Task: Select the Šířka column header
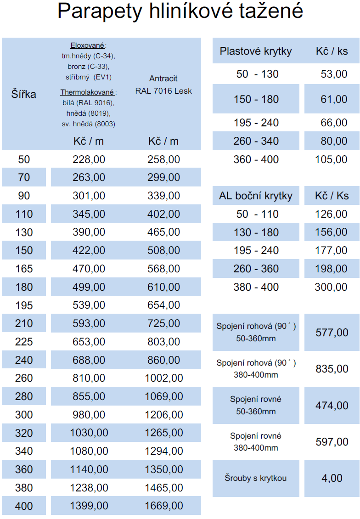click(24, 95)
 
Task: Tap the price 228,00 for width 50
click(89, 159)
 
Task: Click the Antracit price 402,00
click(163, 214)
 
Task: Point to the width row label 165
click(24, 269)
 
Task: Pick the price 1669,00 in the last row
click(163, 506)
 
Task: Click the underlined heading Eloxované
click(87, 45)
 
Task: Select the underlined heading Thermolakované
click(88, 92)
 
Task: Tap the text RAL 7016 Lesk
click(163, 91)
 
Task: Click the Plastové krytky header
click(256, 51)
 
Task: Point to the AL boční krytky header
click(256, 196)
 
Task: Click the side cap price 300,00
click(331, 287)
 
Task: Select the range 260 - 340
click(256, 141)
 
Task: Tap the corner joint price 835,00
click(332, 369)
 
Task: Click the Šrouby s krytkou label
click(256, 478)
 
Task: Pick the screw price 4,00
click(332, 478)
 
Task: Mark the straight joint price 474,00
click(332, 406)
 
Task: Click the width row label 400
click(24, 506)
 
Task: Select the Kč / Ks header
click(332, 196)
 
